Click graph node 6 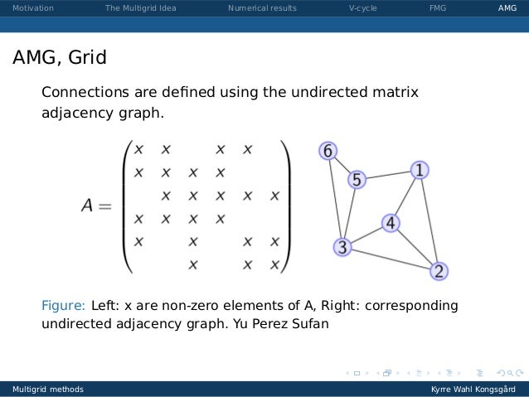coord(328,151)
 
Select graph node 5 coord(357,179)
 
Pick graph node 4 coord(391,223)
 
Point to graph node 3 coord(342,246)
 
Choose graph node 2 coord(439,271)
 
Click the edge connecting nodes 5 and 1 coord(388,175)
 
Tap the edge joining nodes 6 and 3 coord(335,199)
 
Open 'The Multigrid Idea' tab coord(140,9)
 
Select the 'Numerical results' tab coord(261,9)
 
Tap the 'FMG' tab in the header coord(437,9)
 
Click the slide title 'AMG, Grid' coord(59,59)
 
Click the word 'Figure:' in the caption coord(63,306)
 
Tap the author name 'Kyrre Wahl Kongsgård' coord(473,389)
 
